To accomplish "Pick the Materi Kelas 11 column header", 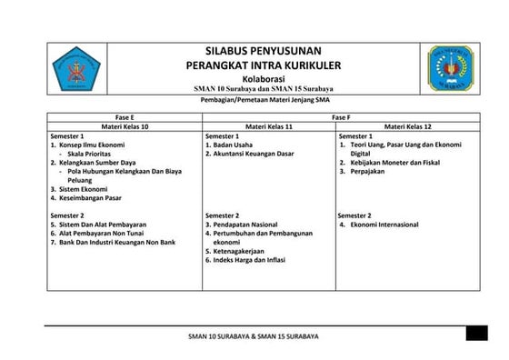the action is point(268,126).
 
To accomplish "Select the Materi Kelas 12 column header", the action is point(406,126).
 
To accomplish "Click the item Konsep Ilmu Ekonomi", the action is point(91,145).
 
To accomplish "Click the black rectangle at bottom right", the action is point(477,334).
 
